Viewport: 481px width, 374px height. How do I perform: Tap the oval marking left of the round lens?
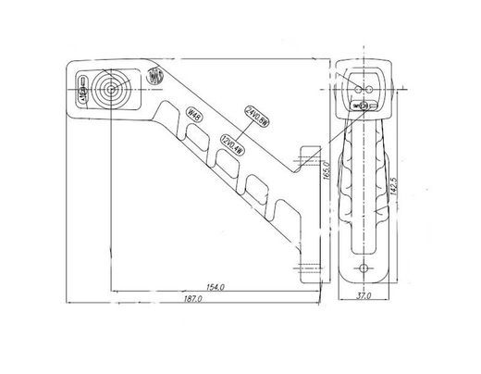coord(82,92)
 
